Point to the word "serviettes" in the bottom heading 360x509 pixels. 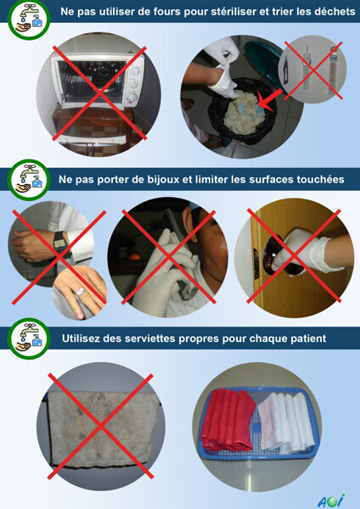[139, 338]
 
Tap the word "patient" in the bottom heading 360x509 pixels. [308, 338]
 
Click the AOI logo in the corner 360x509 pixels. [331, 501]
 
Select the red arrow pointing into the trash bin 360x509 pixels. [270, 99]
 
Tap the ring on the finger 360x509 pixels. [81, 290]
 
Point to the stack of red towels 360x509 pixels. [228, 420]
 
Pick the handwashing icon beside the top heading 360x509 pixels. [29, 20]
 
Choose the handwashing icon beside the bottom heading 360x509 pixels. [29, 338]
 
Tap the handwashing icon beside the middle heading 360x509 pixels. [29, 180]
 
